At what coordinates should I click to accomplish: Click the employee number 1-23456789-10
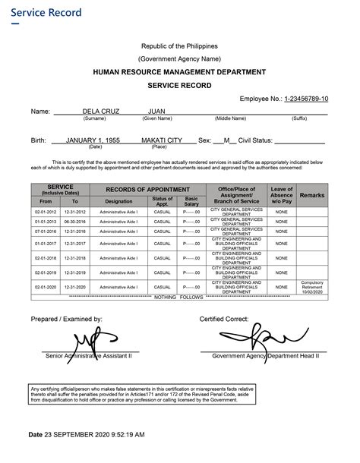[x=306, y=99]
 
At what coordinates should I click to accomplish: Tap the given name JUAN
[x=157, y=112]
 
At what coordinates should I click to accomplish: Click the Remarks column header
[x=312, y=195]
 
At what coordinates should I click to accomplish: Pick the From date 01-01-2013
[x=46, y=221]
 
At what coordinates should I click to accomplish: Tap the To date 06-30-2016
[x=75, y=221]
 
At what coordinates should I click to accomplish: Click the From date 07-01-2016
[x=46, y=231]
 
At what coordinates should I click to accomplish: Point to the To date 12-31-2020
[x=75, y=287]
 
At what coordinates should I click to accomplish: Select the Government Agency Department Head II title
[x=266, y=354]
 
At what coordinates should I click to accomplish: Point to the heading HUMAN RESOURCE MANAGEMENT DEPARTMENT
[x=179, y=71]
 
